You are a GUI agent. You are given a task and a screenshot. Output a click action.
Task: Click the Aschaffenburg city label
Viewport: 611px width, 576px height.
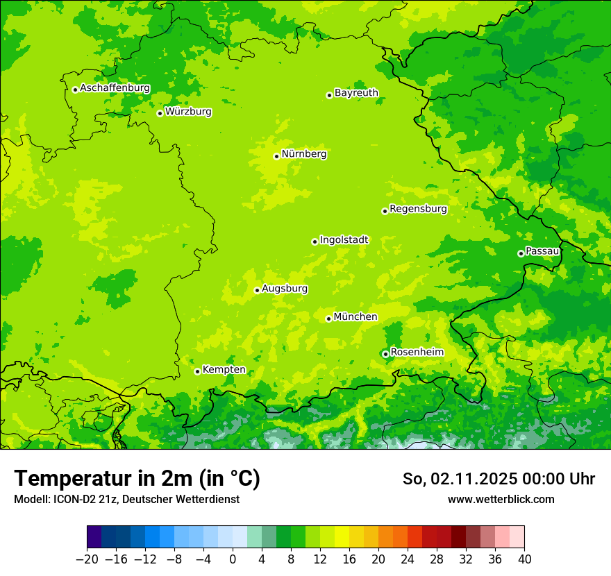coord(115,88)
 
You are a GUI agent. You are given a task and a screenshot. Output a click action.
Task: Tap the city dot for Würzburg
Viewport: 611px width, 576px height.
coord(160,113)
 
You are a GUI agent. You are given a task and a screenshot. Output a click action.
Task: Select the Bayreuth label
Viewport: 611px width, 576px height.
coord(356,92)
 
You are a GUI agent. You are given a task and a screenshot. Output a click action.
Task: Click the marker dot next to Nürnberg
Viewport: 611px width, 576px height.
coord(276,156)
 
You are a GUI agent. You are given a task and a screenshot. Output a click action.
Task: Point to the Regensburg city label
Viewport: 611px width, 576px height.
coord(418,208)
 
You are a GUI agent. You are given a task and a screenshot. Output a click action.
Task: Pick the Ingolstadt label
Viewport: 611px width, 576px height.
coord(344,239)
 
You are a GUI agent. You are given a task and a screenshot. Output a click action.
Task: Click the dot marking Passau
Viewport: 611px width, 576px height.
coord(521,253)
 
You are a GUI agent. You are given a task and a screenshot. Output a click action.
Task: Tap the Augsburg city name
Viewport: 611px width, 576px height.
coord(285,288)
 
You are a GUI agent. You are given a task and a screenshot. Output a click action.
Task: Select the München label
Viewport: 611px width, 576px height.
coord(355,316)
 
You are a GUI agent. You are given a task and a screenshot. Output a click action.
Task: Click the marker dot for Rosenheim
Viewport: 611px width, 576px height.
coord(385,354)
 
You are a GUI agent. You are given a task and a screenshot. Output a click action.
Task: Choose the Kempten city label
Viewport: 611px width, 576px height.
coord(224,369)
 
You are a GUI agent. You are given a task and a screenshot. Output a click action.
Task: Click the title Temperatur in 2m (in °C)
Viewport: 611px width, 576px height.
coord(137,478)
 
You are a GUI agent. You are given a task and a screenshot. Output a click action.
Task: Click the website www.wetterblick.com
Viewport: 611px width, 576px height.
coord(501,499)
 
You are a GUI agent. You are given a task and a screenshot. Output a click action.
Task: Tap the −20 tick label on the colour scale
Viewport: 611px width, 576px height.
coord(87,559)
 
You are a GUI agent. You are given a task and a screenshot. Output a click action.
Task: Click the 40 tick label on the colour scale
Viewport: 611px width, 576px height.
coord(524,559)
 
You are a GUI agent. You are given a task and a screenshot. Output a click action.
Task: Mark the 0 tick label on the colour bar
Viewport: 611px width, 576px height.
coord(233,559)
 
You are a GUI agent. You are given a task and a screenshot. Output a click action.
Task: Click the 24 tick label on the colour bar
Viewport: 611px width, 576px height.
coord(408,559)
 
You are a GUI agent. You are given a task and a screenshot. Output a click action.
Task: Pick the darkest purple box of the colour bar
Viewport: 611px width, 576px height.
coord(94,537)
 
